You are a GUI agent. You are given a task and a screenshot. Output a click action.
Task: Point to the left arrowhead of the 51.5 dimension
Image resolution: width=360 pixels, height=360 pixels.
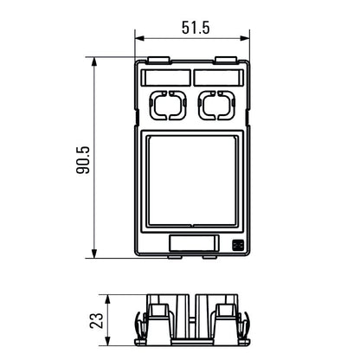140,37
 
